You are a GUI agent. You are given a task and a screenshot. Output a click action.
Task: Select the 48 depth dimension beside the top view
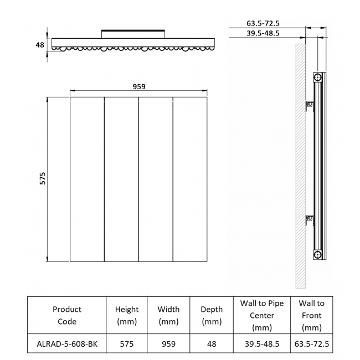coord(40,44)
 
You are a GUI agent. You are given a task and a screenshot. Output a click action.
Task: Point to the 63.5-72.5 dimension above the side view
coord(263,23)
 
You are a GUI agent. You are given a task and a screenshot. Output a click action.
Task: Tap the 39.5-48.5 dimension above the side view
coord(263,33)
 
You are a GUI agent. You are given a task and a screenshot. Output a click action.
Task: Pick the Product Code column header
coord(67,315)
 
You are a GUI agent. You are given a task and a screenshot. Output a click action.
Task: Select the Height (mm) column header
coord(127,315)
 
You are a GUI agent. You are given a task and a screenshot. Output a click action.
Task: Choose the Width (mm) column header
coord(168,315)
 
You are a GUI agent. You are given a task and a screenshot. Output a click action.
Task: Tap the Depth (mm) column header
coord(212,315)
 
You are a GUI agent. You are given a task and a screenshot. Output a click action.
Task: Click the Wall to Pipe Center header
coord(262,315)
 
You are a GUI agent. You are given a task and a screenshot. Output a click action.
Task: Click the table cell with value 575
coord(127,344)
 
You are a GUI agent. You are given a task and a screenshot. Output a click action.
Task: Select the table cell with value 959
coord(168,344)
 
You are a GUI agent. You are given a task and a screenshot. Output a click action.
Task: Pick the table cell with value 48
coord(212,344)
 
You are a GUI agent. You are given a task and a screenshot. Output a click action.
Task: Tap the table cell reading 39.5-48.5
coord(262,344)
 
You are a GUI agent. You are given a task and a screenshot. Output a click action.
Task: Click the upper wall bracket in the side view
coord(310,104)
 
